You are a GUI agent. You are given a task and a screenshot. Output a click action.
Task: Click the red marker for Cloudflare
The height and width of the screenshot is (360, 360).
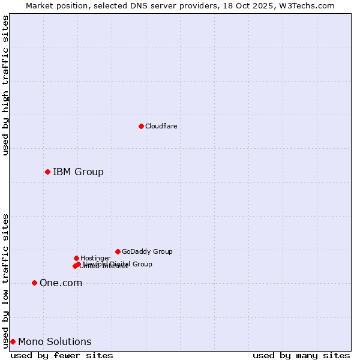tap(141, 126)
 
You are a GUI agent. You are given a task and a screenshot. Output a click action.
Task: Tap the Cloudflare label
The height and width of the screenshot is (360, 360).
tap(161, 126)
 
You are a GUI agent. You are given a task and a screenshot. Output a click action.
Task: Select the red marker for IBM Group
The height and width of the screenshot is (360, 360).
tap(47, 172)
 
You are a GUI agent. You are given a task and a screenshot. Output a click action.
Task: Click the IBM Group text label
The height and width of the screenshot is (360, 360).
tap(78, 172)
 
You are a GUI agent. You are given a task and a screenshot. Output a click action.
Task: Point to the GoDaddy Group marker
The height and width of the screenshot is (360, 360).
tap(118, 251)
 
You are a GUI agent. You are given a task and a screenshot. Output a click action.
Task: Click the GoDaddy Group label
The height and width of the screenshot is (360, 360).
tap(147, 251)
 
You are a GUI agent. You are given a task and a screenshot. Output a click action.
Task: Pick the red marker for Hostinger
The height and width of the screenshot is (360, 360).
tap(76, 258)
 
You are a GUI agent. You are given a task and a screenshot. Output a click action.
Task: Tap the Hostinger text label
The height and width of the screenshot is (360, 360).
tap(95, 258)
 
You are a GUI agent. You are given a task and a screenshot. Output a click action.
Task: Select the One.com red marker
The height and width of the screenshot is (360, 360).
tap(34, 283)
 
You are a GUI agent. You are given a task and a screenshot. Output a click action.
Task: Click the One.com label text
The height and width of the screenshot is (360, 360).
tap(61, 283)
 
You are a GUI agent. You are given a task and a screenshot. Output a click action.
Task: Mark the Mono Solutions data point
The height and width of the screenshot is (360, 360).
tap(13, 341)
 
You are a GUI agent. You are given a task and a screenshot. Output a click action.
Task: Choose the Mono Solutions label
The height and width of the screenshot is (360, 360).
tap(55, 342)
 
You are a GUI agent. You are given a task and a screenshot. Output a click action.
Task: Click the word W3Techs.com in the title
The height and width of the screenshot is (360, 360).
tap(310, 5)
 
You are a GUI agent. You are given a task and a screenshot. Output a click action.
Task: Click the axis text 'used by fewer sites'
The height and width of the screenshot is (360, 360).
tap(62, 355)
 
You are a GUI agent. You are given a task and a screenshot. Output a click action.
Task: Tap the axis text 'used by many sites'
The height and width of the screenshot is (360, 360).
tap(301, 355)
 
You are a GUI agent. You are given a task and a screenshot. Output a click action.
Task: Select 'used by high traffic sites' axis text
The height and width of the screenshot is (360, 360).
tap(5, 85)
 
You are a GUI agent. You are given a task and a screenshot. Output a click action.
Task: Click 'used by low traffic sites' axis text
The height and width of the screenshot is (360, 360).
tap(5, 281)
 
